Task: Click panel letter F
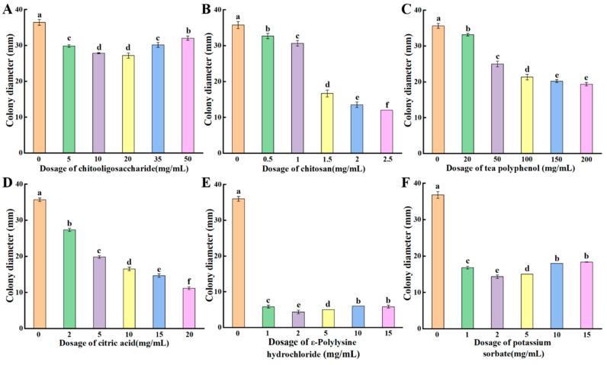click(x=413, y=184)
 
